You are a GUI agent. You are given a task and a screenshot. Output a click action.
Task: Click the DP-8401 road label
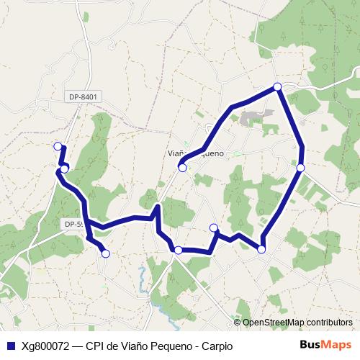tap(84, 96)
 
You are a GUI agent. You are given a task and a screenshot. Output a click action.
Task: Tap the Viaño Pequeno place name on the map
tap(197, 153)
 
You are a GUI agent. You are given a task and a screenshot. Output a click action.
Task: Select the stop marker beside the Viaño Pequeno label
tap(183, 168)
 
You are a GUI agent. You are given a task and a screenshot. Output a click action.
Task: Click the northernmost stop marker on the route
tap(277, 87)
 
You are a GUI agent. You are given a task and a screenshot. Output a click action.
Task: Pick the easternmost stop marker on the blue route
tap(301, 168)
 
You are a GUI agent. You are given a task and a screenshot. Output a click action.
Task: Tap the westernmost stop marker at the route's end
tap(58, 146)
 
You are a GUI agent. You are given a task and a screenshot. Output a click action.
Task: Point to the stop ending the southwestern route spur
tap(106, 253)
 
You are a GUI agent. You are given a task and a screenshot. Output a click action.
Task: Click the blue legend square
tap(10, 346)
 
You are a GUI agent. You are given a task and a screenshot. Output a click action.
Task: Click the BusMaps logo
tap(325, 345)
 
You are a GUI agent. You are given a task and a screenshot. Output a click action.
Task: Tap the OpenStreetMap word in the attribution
tap(274, 323)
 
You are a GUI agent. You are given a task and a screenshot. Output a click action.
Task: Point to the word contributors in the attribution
tap(329, 323)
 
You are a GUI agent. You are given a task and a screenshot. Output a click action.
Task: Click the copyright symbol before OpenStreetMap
tap(238, 323)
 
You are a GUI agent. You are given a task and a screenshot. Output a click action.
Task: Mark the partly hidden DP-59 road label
tap(73, 225)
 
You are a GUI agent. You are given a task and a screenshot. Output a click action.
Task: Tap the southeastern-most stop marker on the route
tap(261, 249)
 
